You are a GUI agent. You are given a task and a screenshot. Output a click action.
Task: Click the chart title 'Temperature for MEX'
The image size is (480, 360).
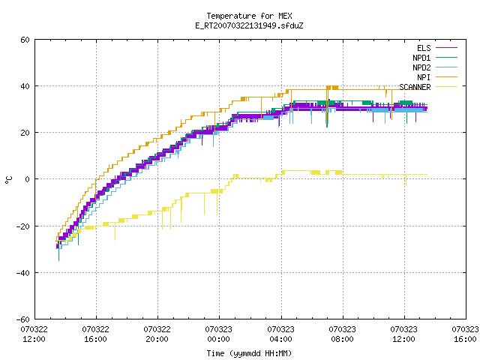click(x=249, y=16)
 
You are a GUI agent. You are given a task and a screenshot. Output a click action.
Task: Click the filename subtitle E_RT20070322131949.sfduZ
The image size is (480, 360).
click(x=249, y=25)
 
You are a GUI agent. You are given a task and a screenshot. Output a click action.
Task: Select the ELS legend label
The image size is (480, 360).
click(x=424, y=48)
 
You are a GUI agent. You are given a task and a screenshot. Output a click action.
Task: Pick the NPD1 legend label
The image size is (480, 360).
click(x=421, y=58)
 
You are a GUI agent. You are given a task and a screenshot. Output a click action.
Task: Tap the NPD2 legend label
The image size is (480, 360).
click(x=421, y=67)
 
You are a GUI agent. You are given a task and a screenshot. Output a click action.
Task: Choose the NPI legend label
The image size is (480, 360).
click(x=424, y=77)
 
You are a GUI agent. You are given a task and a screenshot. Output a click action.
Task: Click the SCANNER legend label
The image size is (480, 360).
click(x=415, y=87)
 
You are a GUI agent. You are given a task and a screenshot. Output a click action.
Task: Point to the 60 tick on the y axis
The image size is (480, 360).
click(x=25, y=40)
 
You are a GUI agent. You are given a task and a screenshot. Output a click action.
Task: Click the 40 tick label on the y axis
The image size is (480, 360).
click(x=25, y=86)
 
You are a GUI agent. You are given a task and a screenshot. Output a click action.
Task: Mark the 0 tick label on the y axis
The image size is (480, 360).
click(x=28, y=179)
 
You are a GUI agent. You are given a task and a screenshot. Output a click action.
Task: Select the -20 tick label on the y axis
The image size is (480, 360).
click(x=23, y=226)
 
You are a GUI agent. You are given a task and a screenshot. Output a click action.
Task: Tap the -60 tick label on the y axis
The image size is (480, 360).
click(x=23, y=319)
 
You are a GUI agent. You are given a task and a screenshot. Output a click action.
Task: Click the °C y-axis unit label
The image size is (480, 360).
click(x=8, y=180)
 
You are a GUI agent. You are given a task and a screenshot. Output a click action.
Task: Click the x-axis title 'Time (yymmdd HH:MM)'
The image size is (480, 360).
click(x=249, y=353)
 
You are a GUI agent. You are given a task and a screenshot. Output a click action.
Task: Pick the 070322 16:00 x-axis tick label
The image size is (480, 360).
click(x=96, y=334)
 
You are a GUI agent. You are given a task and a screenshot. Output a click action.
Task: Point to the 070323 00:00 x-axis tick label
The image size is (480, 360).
click(x=219, y=334)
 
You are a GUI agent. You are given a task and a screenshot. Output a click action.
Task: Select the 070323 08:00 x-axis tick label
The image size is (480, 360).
click(x=342, y=334)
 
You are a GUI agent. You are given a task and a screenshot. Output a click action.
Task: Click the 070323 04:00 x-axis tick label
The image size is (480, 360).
click(x=280, y=334)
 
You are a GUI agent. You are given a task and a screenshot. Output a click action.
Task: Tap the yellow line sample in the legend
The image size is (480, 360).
click(x=446, y=87)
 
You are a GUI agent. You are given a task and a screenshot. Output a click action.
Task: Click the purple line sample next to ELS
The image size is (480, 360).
click(x=446, y=48)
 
